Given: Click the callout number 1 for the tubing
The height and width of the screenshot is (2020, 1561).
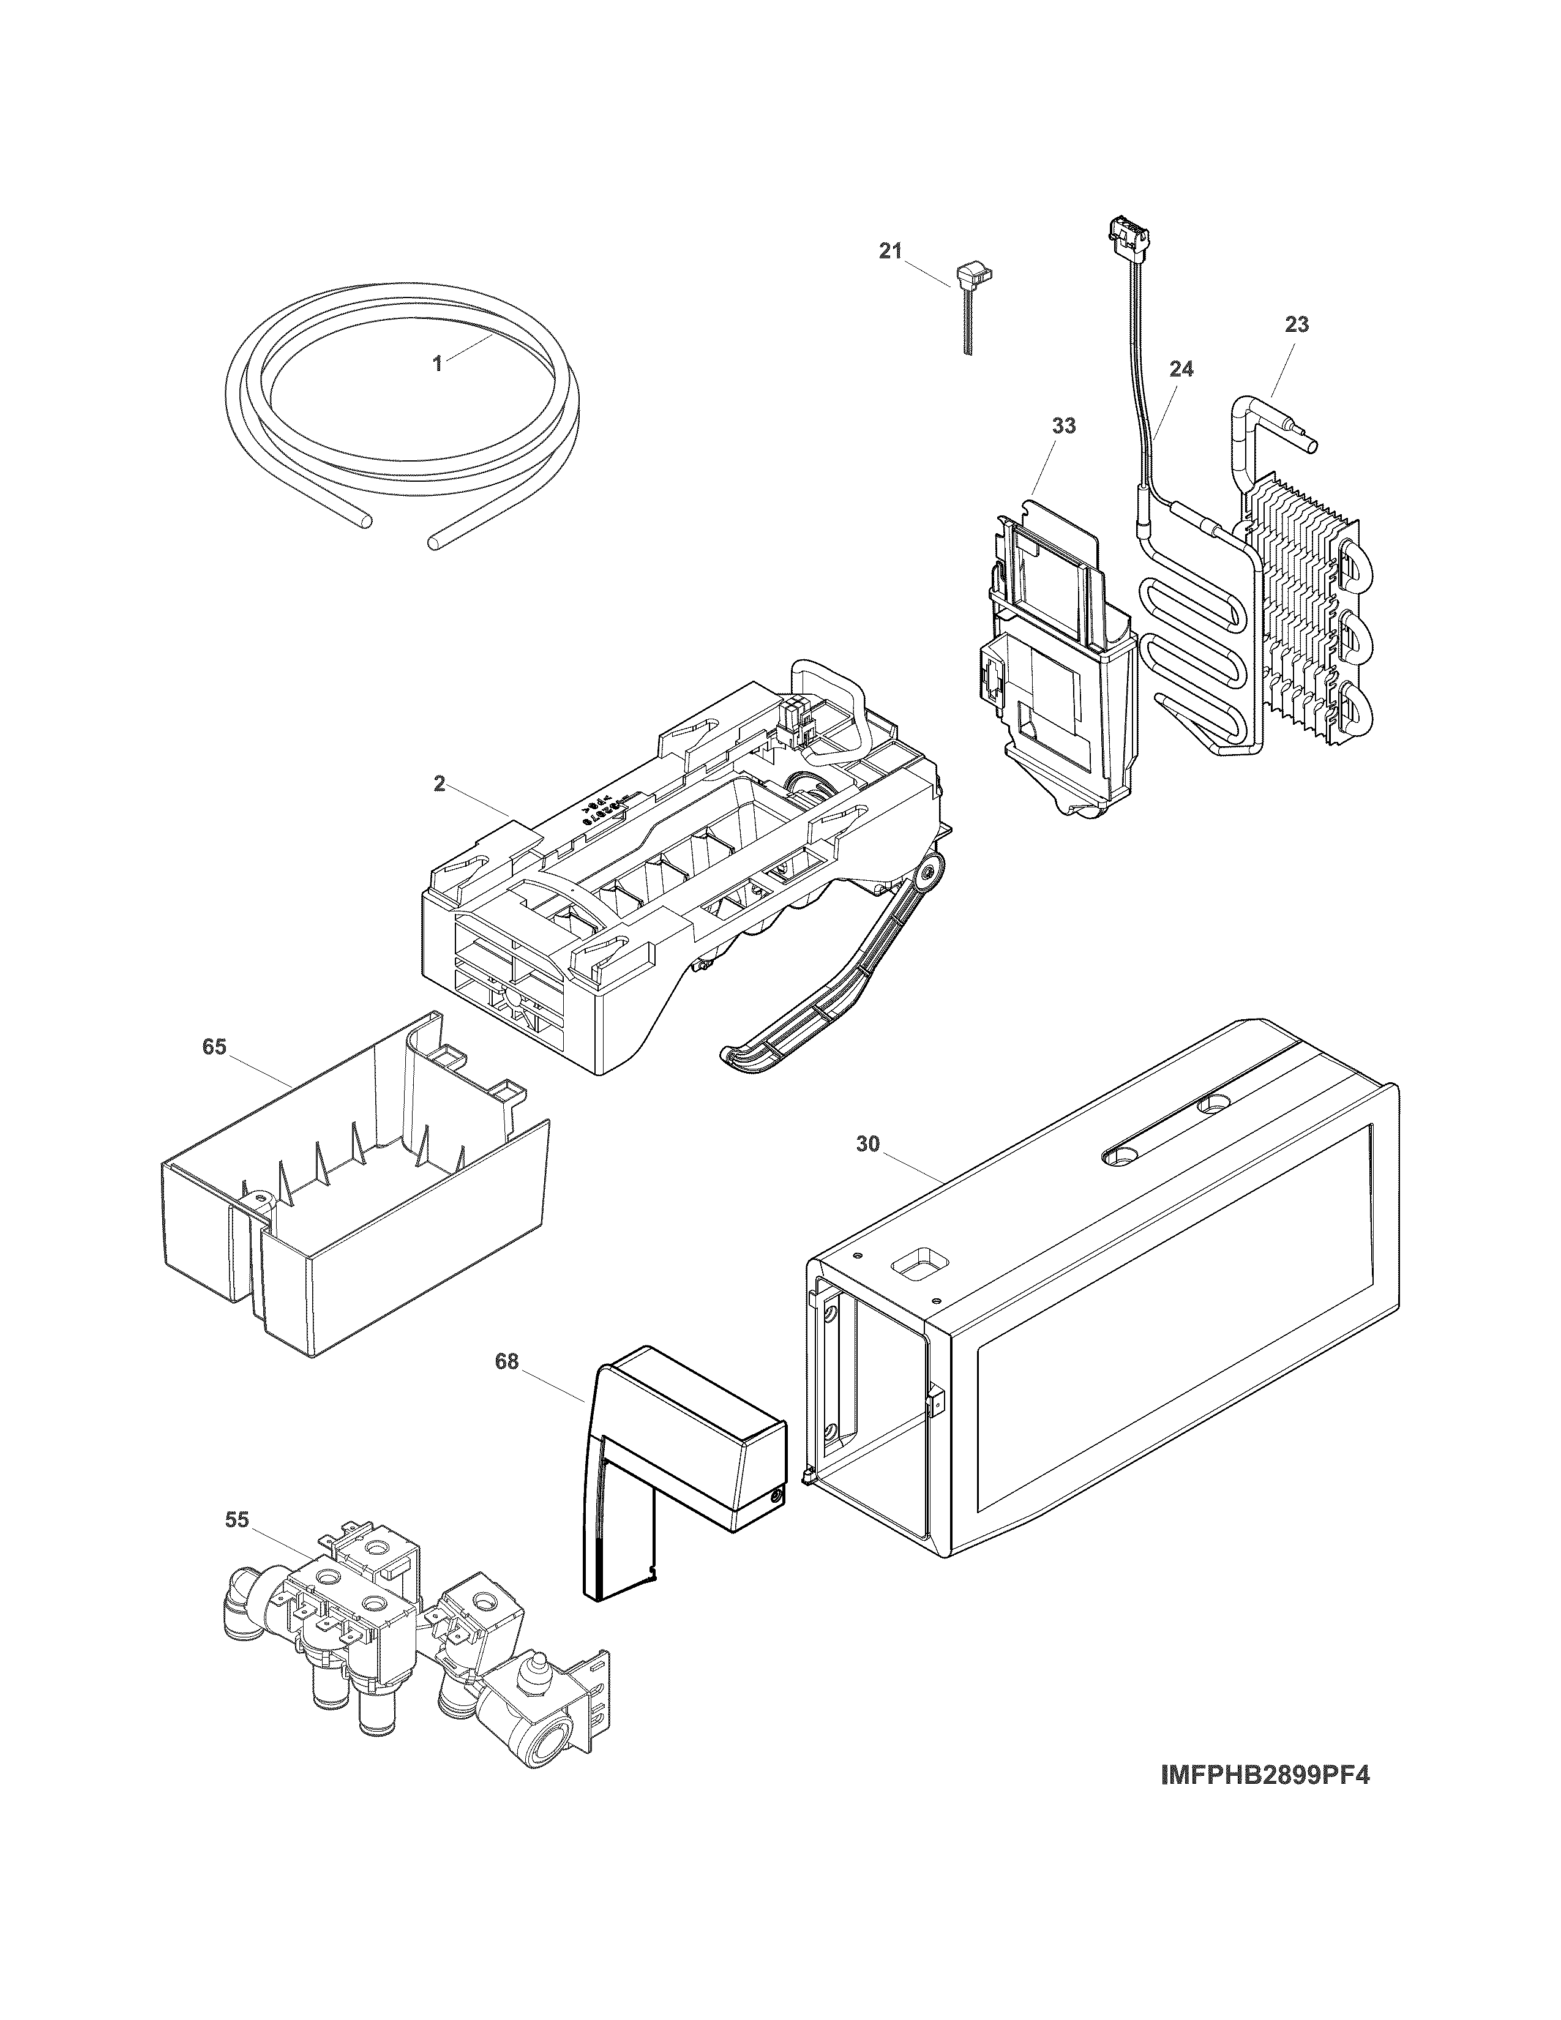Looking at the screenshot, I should click(438, 364).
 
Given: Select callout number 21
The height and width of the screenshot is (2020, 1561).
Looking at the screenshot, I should click(889, 252).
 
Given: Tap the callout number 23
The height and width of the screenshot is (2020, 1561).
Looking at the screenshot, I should click(1297, 324).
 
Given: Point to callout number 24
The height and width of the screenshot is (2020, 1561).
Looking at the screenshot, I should click(1181, 369).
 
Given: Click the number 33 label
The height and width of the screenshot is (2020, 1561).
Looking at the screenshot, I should click(1063, 427).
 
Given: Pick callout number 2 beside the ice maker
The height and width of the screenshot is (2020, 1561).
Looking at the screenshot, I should click(440, 784).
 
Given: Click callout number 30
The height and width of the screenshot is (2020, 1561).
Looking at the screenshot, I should click(867, 1144).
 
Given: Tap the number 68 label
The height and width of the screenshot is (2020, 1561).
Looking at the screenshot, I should click(507, 1363).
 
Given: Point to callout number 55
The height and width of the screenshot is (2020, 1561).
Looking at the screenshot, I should click(238, 1521).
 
